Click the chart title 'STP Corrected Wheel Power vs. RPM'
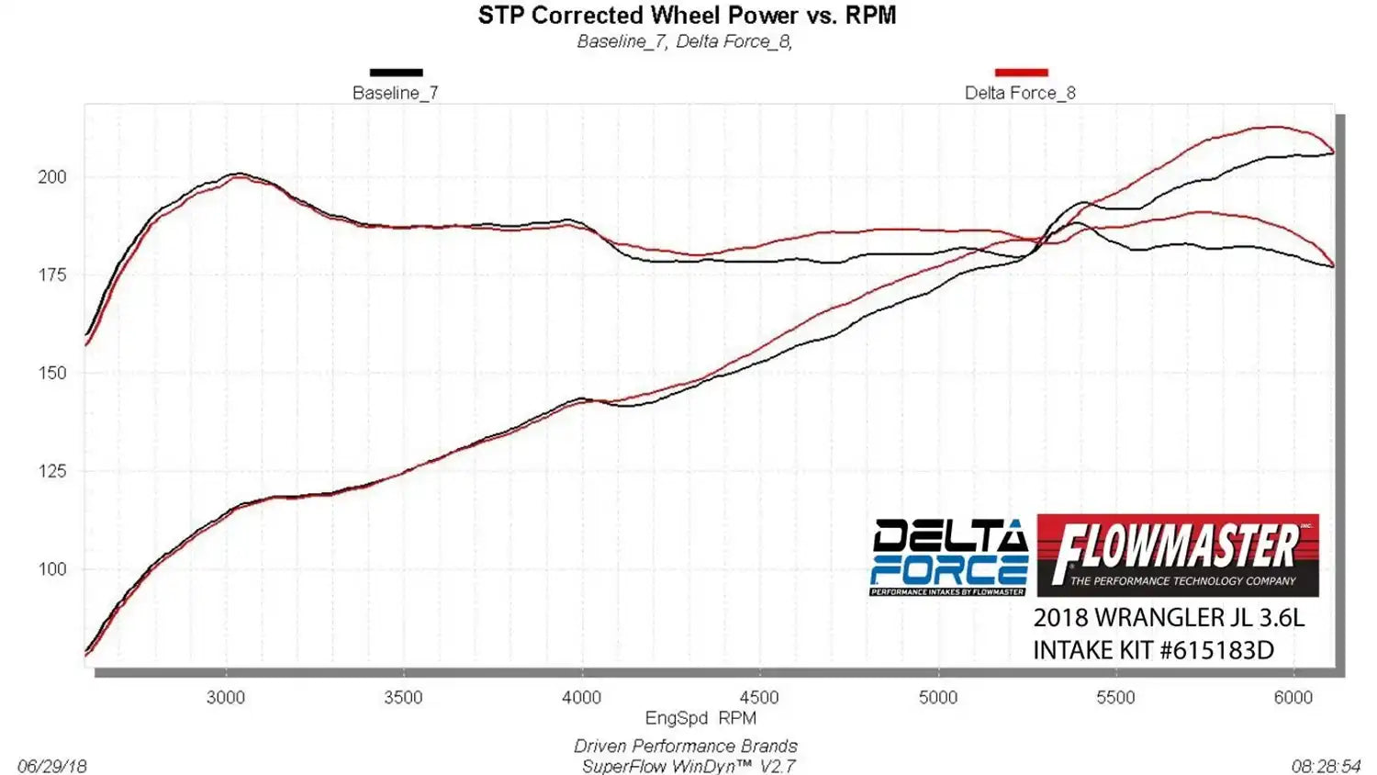pyautogui.click(x=687, y=16)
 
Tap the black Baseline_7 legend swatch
pyautogui.click(x=396, y=73)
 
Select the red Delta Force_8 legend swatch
pyautogui.click(x=1021, y=73)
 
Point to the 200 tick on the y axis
pyautogui.click(x=52, y=177)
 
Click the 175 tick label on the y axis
pyautogui.click(x=52, y=275)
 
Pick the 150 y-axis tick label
pyautogui.click(x=52, y=373)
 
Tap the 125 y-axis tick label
pyautogui.click(x=52, y=471)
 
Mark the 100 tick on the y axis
pyautogui.click(x=52, y=569)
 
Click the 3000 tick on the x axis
pyautogui.click(x=226, y=698)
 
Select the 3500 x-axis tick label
pyautogui.click(x=403, y=698)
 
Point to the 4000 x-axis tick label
pyautogui.click(x=581, y=698)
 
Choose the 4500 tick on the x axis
pyautogui.click(x=759, y=698)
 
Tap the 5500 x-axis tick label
pyautogui.click(x=1115, y=698)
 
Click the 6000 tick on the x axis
pyautogui.click(x=1293, y=698)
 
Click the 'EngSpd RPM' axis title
pyautogui.click(x=700, y=718)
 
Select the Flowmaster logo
pyautogui.click(x=1178, y=556)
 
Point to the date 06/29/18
pyautogui.click(x=52, y=766)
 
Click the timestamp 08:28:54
pyautogui.click(x=1326, y=766)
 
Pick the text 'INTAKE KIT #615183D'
pyautogui.click(x=1153, y=650)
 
